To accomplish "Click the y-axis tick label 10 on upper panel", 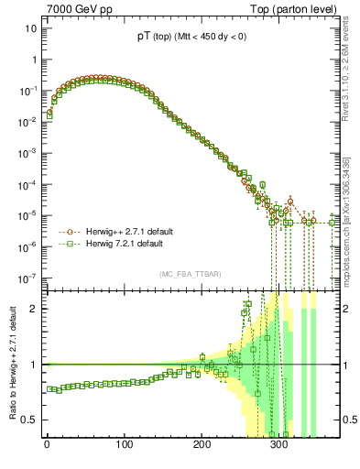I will click(29, 28).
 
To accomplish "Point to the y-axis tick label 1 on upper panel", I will click(33, 60).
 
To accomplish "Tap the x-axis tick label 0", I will click(47, 447).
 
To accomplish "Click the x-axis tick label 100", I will click(125, 447).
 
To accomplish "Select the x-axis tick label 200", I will click(202, 447).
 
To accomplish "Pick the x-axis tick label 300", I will click(280, 447).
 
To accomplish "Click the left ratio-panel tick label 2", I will click(33, 309).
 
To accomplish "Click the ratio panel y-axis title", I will click(11, 364).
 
